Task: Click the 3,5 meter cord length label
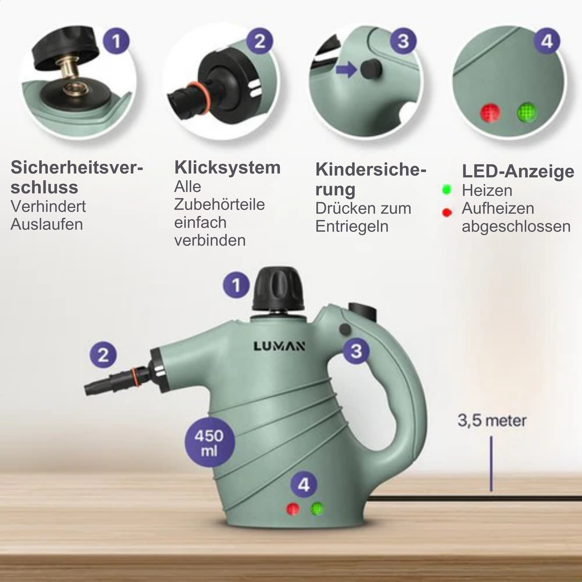point(492,421)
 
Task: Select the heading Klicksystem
point(227,167)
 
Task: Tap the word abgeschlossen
point(516,226)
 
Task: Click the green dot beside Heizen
point(447,190)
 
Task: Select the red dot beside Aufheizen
point(447,212)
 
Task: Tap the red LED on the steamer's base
point(292,509)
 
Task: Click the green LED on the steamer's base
point(317,508)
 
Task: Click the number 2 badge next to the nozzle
point(103,355)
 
